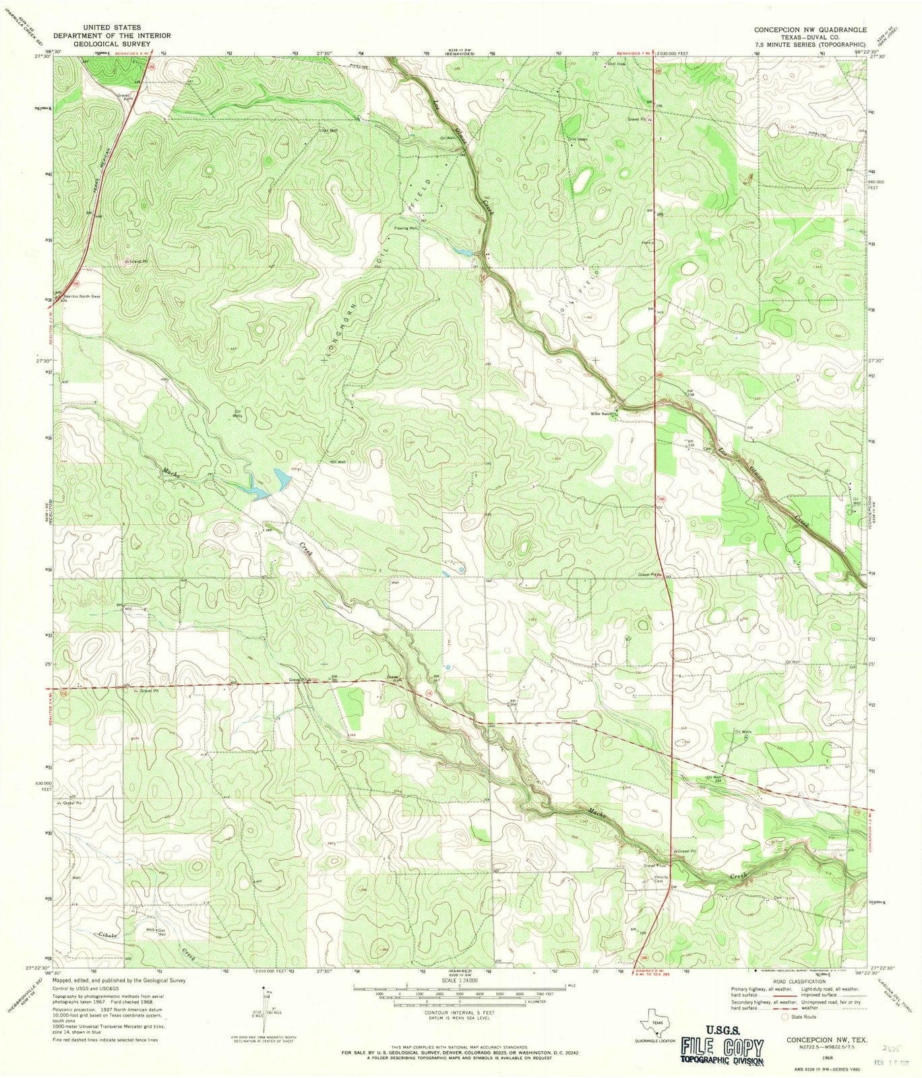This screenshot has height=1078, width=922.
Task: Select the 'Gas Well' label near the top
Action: click(x=329, y=130)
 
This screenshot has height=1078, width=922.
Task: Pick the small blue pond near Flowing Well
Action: click(x=463, y=252)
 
